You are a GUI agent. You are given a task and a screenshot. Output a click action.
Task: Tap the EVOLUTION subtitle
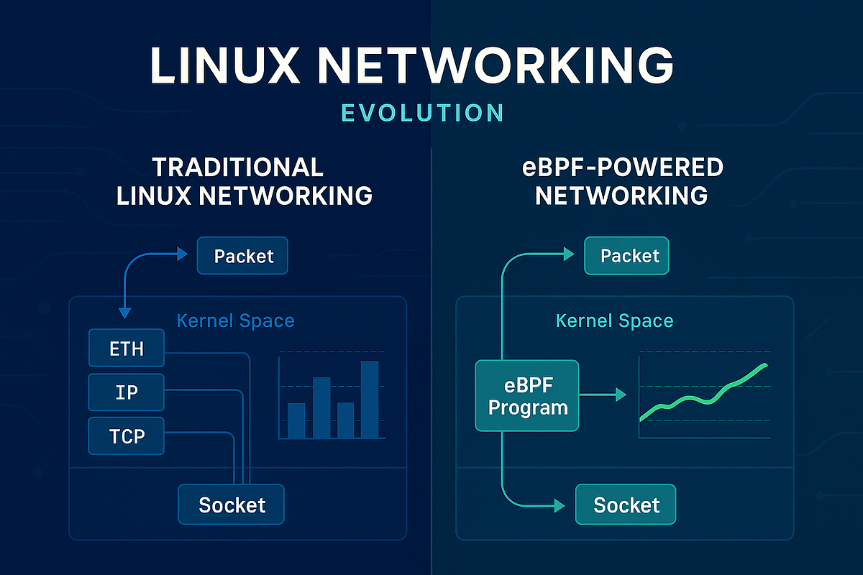click(422, 113)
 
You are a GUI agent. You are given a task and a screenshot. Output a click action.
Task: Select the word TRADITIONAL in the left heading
click(238, 167)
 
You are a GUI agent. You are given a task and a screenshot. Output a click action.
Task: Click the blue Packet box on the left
click(243, 257)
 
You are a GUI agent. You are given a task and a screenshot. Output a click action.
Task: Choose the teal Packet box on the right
click(627, 257)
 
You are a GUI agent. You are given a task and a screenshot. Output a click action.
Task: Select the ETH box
click(127, 349)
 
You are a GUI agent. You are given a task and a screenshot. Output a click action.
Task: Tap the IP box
click(127, 392)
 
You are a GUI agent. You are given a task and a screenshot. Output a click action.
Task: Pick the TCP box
click(127, 436)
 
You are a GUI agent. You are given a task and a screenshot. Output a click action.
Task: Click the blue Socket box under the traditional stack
click(232, 505)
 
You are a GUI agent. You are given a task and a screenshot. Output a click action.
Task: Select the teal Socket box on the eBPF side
click(626, 505)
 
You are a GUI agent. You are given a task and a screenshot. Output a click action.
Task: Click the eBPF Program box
click(527, 395)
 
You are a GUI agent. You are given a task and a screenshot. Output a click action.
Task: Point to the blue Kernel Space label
click(235, 321)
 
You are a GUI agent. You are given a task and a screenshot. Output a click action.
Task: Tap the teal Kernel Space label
click(615, 321)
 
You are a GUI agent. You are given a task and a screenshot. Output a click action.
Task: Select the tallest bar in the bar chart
click(369, 399)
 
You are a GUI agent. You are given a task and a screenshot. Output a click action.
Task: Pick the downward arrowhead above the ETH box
click(125, 312)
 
